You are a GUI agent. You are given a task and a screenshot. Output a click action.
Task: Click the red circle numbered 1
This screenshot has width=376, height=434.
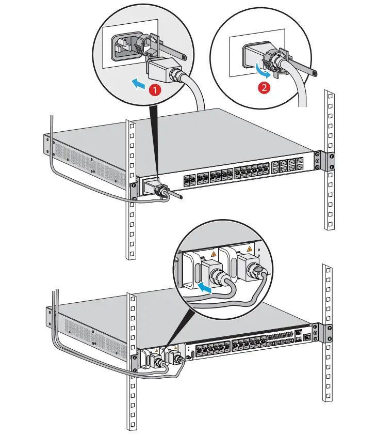[153, 88]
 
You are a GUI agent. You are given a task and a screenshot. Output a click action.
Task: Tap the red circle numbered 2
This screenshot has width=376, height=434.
[264, 87]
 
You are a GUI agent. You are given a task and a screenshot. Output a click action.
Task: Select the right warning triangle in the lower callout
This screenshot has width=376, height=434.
[250, 250]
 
